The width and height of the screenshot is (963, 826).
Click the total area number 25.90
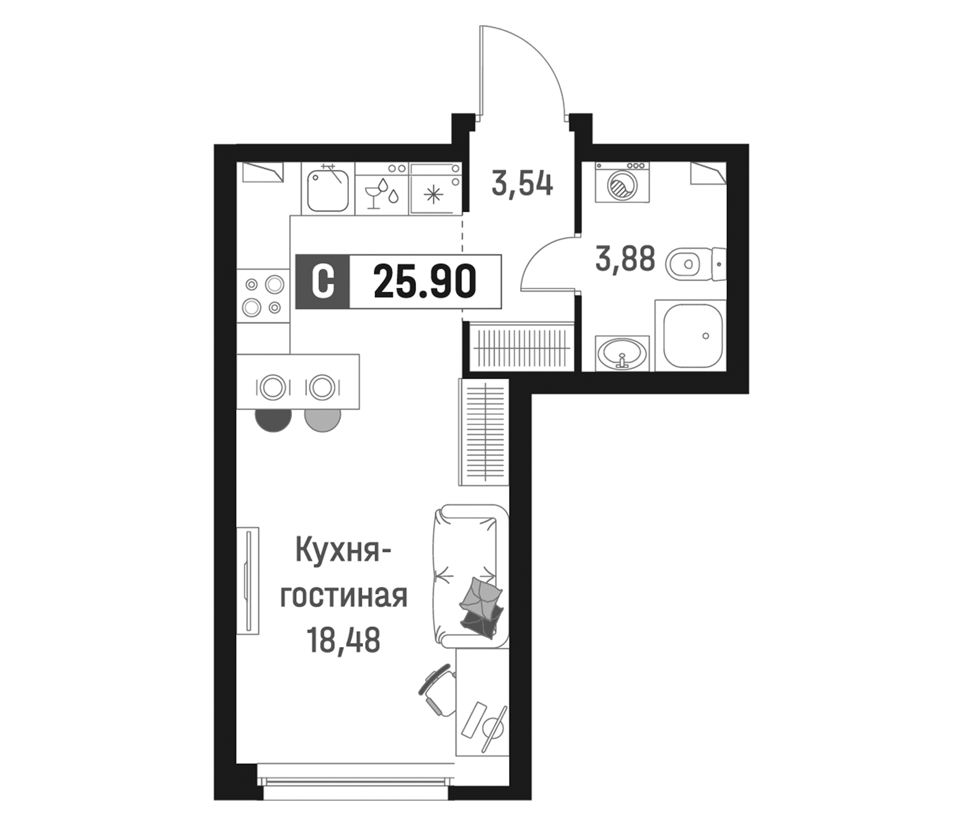click(425, 282)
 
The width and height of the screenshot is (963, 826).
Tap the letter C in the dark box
click(322, 282)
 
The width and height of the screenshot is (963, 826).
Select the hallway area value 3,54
click(522, 184)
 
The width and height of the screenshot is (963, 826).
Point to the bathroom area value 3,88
click(625, 259)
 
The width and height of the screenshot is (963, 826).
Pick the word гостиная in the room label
click(343, 597)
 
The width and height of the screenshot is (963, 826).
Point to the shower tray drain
click(706, 336)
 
